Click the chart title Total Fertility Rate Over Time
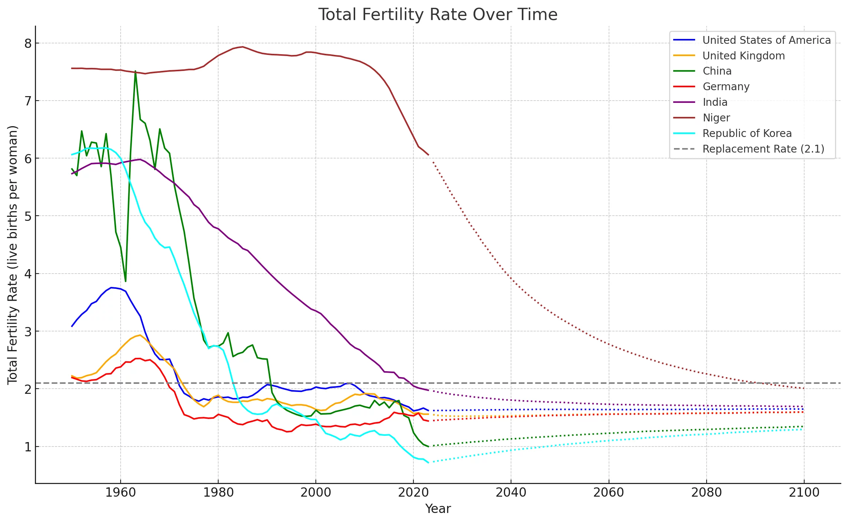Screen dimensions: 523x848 [x=438, y=15]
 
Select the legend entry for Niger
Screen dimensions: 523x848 [x=716, y=118]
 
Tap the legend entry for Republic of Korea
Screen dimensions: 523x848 [x=747, y=134]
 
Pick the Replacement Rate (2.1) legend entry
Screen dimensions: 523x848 [x=763, y=149]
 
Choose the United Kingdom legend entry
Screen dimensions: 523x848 [x=743, y=56]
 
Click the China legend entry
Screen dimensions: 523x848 [x=717, y=71]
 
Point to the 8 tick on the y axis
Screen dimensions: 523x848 [x=28, y=44]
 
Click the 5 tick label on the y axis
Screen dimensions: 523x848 [x=28, y=216]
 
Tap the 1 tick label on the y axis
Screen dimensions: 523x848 [x=28, y=447]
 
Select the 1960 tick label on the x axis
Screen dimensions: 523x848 [x=120, y=493]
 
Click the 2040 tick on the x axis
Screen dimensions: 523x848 [x=511, y=493]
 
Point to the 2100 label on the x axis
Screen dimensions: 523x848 [x=804, y=493]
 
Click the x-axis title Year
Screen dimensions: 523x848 [x=438, y=509]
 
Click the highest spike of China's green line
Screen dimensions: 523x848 [x=135, y=71]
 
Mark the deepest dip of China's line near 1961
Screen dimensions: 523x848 [x=125, y=281]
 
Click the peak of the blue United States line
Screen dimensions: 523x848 [x=111, y=287]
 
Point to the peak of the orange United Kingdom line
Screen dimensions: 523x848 [x=140, y=335]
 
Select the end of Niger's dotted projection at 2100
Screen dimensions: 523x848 [x=803, y=388]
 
